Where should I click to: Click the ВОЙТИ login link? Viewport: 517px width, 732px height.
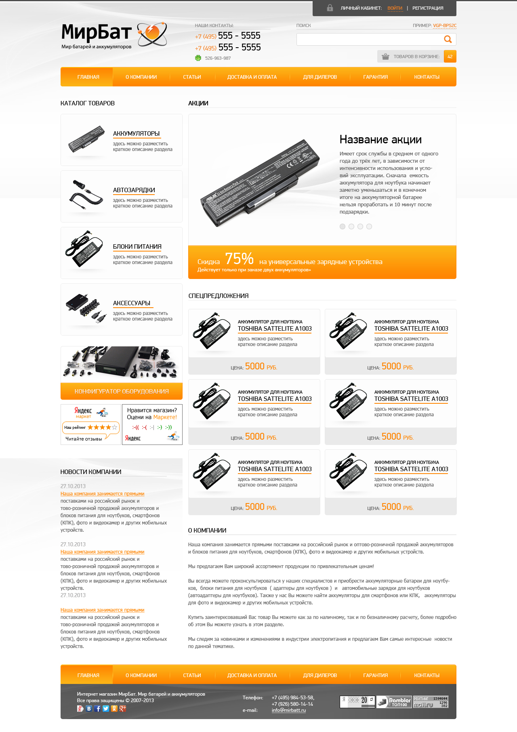395,8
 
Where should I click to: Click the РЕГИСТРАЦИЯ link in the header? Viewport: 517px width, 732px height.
428,8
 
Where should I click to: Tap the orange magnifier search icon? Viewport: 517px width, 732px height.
448,39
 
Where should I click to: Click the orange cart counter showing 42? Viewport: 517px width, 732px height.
450,57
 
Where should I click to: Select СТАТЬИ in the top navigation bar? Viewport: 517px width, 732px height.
192,77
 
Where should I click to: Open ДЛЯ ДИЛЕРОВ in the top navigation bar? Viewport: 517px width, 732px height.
320,77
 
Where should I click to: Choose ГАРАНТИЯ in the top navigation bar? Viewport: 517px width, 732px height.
376,77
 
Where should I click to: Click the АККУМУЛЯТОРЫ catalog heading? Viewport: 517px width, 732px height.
136,134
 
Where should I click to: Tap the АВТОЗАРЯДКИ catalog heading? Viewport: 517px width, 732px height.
134,190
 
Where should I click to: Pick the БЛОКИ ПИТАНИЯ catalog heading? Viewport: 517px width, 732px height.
137,247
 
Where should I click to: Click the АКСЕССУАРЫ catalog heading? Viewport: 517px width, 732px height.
132,303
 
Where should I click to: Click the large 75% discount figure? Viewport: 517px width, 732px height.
239,258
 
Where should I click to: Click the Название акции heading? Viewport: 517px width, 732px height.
380,140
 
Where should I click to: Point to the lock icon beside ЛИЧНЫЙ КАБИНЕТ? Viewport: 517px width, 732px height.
330,8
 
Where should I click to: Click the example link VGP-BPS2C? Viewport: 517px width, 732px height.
445,25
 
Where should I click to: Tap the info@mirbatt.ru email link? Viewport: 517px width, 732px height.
289,710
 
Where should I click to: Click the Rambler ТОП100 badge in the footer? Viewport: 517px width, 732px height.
394,702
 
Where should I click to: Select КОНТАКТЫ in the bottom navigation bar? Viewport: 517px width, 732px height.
427,675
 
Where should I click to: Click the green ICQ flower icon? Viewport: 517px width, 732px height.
198,58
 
